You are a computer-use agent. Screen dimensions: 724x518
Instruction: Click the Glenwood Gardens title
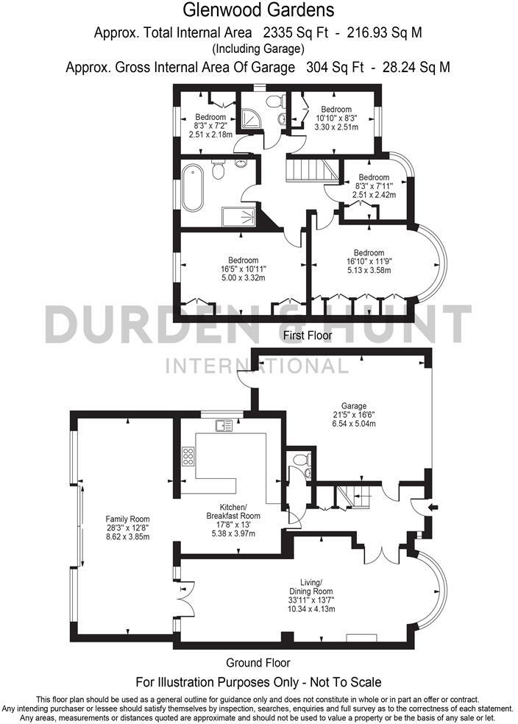pos(258,10)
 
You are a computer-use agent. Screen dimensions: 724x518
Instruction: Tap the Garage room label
pos(354,415)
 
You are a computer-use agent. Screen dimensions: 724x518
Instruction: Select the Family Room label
pos(128,528)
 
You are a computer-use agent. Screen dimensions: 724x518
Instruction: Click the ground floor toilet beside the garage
pos(300,461)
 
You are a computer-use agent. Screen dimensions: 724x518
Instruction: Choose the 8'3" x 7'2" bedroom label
pos(210,126)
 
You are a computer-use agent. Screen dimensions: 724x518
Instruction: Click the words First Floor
pos(308,336)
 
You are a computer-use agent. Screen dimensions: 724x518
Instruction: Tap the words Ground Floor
pos(258,662)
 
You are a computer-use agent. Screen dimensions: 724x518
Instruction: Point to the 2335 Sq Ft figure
pos(291,32)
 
